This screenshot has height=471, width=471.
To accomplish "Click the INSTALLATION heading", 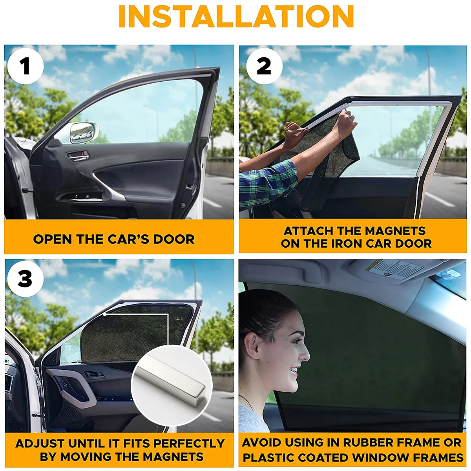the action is (236, 16).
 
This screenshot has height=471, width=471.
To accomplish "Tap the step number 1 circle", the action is (26, 66).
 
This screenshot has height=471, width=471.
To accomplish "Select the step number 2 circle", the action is (264, 66).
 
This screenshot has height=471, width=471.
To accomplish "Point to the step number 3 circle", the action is (26, 279).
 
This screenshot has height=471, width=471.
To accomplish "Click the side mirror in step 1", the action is (83, 133).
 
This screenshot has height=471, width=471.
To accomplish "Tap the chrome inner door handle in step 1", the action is (78, 155).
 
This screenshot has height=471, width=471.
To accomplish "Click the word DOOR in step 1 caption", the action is (174, 239).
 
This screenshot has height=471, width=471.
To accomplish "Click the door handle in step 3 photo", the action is (95, 374).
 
